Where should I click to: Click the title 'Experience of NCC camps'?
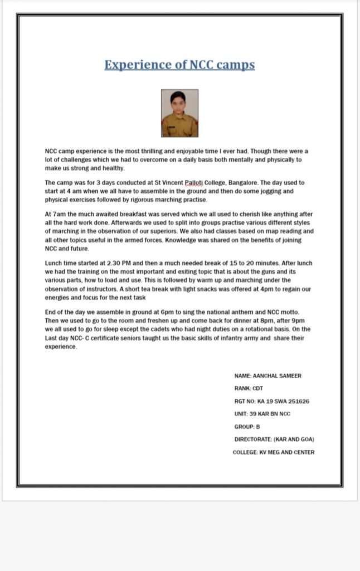[179, 65]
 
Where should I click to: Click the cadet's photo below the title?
[179, 113]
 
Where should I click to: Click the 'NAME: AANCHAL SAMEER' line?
[267, 376]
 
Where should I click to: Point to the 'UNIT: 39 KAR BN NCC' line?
[262, 414]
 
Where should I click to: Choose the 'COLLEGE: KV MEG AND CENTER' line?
[273, 452]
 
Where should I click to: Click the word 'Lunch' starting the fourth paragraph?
[54, 263]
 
